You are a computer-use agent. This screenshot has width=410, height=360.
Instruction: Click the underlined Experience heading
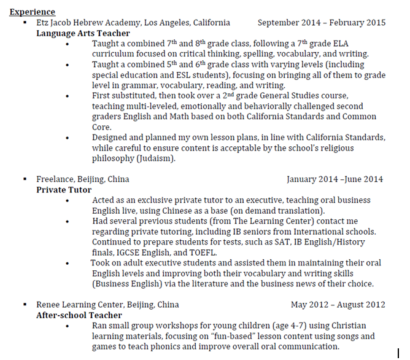[x=32, y=12]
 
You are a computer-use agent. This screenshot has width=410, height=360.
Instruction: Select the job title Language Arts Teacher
[x=83, y=33]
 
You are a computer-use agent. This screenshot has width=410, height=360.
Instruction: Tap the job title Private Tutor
[x=64, y=190]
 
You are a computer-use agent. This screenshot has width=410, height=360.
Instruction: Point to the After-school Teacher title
[x=79, y=315]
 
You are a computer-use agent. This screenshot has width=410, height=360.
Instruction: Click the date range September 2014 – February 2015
[x=322, y=23]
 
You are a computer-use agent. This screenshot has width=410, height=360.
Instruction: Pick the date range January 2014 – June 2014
[x=335, y=179]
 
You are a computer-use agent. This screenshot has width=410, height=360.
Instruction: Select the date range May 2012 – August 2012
[x=338, y=305]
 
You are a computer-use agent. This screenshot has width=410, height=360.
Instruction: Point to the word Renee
[x=48, y=305]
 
